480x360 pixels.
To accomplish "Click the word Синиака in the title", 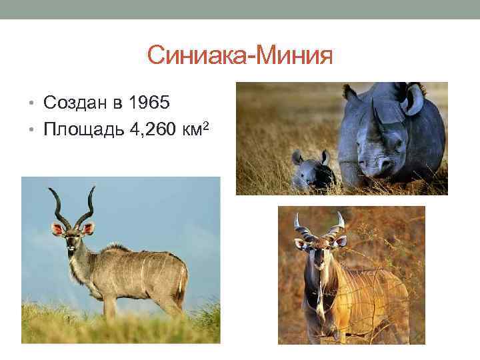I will [195, 55].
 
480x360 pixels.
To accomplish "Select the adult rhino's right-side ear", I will [414, 100].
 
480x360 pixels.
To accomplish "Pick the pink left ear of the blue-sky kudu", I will [57, 229].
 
